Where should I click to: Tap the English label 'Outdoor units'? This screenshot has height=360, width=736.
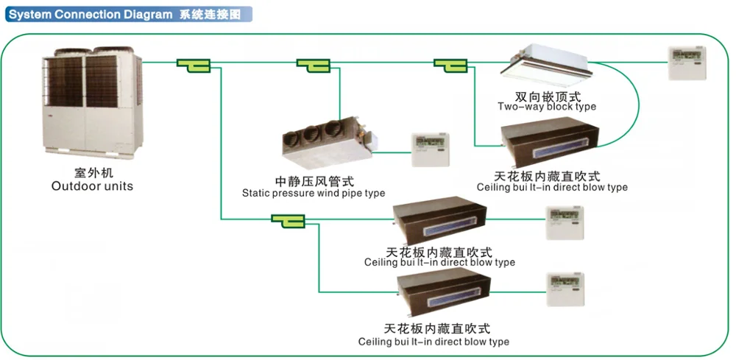pyautogui.click(x=92, y=186)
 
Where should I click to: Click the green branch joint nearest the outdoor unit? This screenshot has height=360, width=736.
pyautogui.click(x=194, y=66)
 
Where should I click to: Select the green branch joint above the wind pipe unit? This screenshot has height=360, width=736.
pyautogui.click(x=312, y=66)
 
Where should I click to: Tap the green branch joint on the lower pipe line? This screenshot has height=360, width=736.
pyautogui.click(x=288, y=220)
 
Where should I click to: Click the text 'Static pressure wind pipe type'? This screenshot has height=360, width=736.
pyautogui.click(x=314, y=194)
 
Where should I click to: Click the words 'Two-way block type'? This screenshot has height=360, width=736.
pyautogui.click(x=547, y=107)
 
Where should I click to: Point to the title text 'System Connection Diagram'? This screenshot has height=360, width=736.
pyautogui.click(x=90, y=14)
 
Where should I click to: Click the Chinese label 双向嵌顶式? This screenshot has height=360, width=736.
pyautogui.click(x=548, y=96)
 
